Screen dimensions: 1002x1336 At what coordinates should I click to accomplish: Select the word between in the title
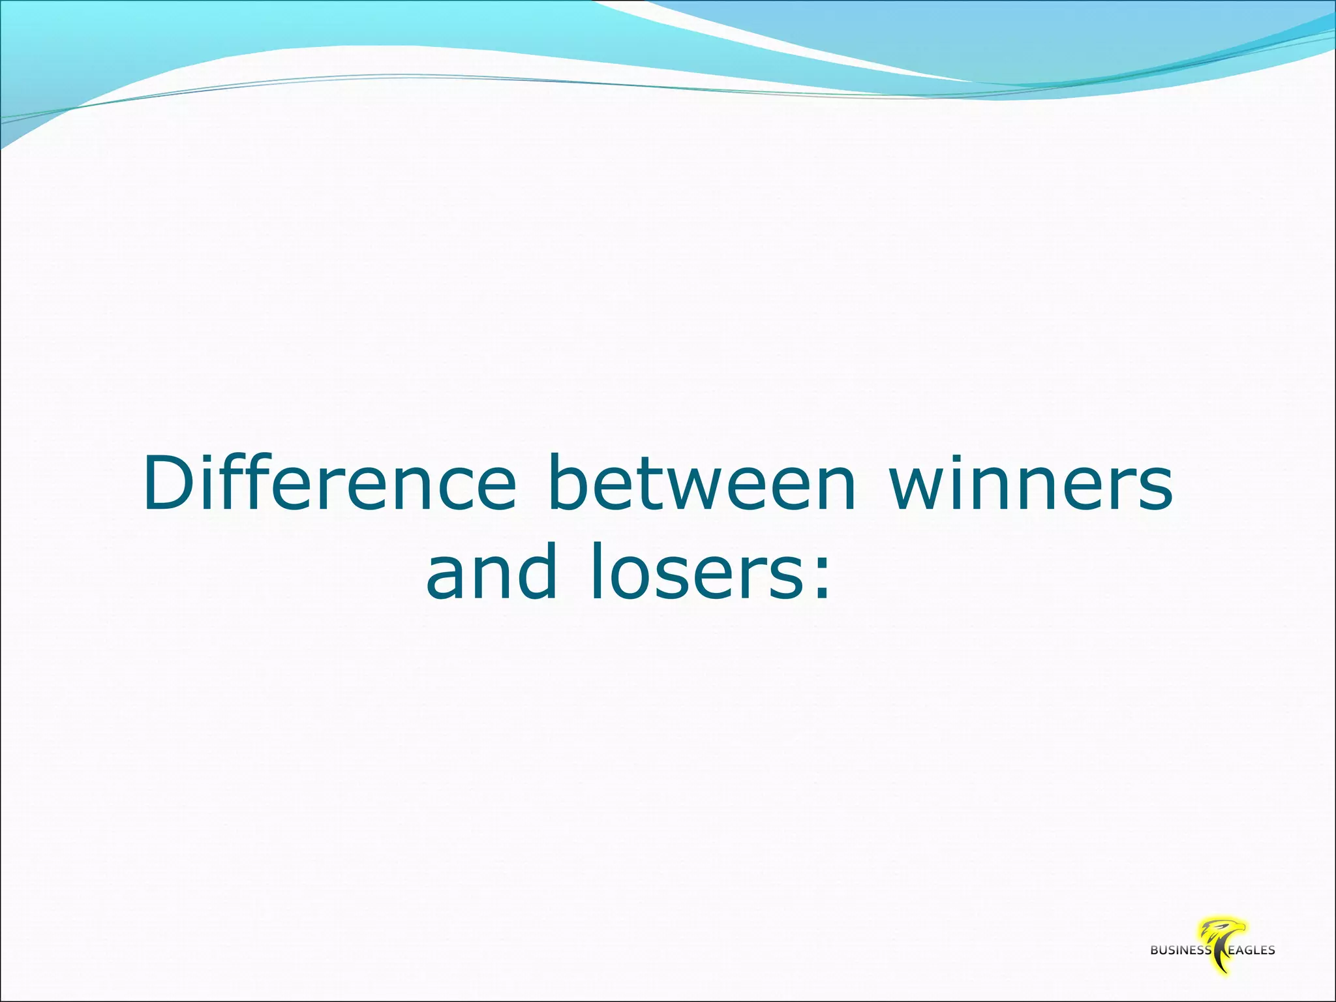pyautogui.click(x=702, y=484)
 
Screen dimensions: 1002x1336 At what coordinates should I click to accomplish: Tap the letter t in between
pyautogui.click(x=658, y=484)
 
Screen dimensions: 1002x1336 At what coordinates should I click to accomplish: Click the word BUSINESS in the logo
pyautogui.click(x=1180, y=950)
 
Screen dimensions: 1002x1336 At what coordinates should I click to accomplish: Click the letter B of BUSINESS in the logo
pyautogui.click(x=1155, y=950)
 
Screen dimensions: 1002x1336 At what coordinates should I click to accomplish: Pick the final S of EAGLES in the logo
pyautogui.click(x=1271, y=950)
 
